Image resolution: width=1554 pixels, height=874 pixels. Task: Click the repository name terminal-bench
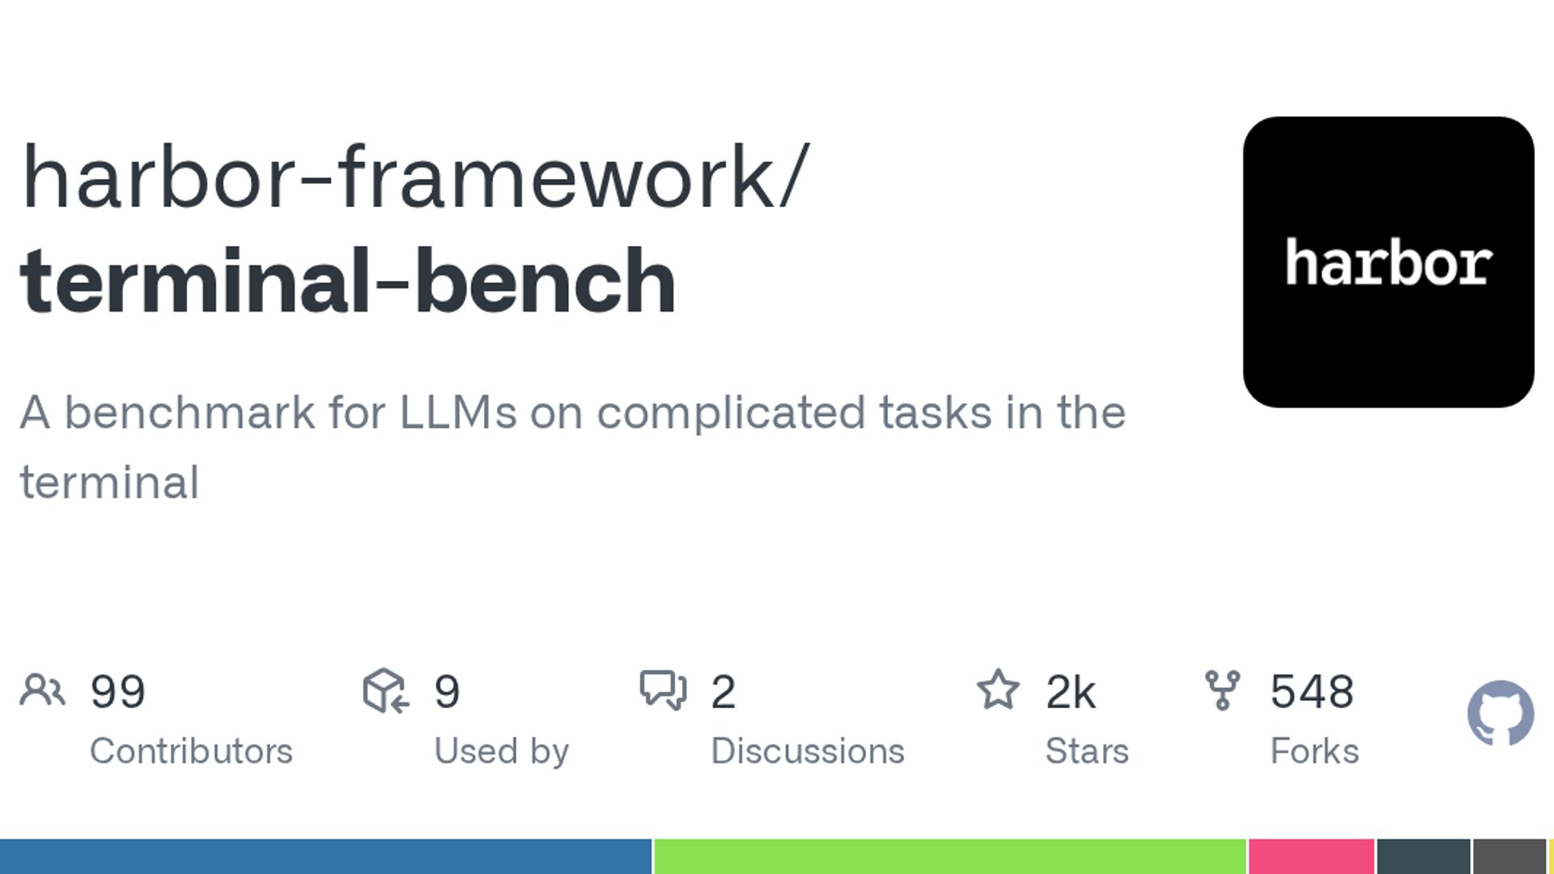348,280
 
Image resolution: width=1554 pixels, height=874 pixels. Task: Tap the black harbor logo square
1388,262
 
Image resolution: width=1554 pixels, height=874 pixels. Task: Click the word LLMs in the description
458,413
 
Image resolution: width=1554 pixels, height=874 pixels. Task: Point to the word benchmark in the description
189,413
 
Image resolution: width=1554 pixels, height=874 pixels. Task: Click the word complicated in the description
732,414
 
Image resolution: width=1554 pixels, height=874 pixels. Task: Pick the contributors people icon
42,690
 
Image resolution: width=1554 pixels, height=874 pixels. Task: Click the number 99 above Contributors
118,691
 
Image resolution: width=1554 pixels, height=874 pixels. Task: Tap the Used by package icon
386,690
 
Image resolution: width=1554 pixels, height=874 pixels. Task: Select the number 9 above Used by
448,691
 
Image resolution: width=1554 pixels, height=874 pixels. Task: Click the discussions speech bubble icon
663,690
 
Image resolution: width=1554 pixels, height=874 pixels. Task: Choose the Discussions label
808,751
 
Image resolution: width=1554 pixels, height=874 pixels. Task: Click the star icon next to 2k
998,689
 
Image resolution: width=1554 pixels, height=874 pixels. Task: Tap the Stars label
1087,751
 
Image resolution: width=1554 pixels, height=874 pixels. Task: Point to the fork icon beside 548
1222,690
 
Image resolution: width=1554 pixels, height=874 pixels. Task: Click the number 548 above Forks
1312,691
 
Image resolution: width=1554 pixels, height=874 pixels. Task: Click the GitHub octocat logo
1501,713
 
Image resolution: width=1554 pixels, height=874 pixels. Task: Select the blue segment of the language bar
325,856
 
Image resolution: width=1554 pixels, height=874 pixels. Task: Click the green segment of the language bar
950,856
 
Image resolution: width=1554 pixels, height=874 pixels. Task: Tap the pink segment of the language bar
1311,856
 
